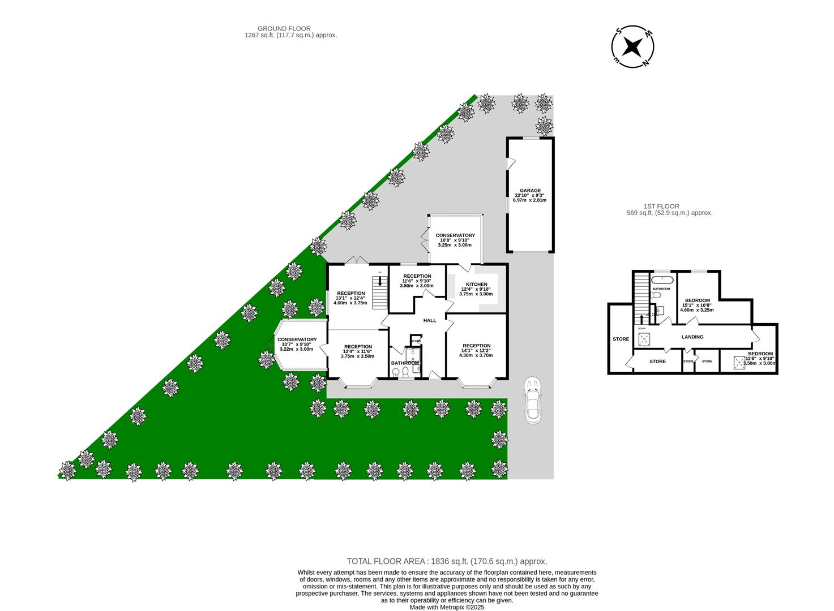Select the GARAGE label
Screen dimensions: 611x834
point(531,191)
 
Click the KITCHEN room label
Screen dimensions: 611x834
point(476,284)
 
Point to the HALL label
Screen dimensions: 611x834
point(430,320)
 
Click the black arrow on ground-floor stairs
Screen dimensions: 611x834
point(380,281)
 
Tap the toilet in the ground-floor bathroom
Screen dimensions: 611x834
point(404,371)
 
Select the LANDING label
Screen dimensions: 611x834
point(692,337)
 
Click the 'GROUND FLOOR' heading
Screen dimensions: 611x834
point(284,28)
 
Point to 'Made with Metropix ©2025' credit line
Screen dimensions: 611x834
point(447,607)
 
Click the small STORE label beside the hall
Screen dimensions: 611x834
point(416,341)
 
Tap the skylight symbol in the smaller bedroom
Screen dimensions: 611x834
point(739,361)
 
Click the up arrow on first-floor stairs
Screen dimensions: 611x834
point(641,319)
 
